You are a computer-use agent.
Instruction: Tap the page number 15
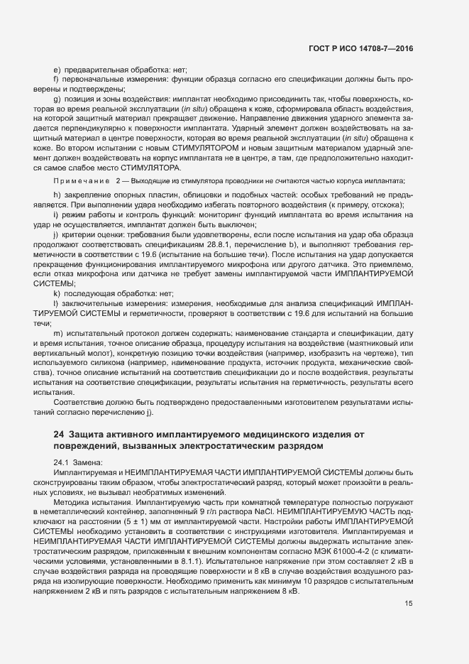click(408, 563)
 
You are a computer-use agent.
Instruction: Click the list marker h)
click(57, 194)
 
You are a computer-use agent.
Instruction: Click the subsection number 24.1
click(61, 462)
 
